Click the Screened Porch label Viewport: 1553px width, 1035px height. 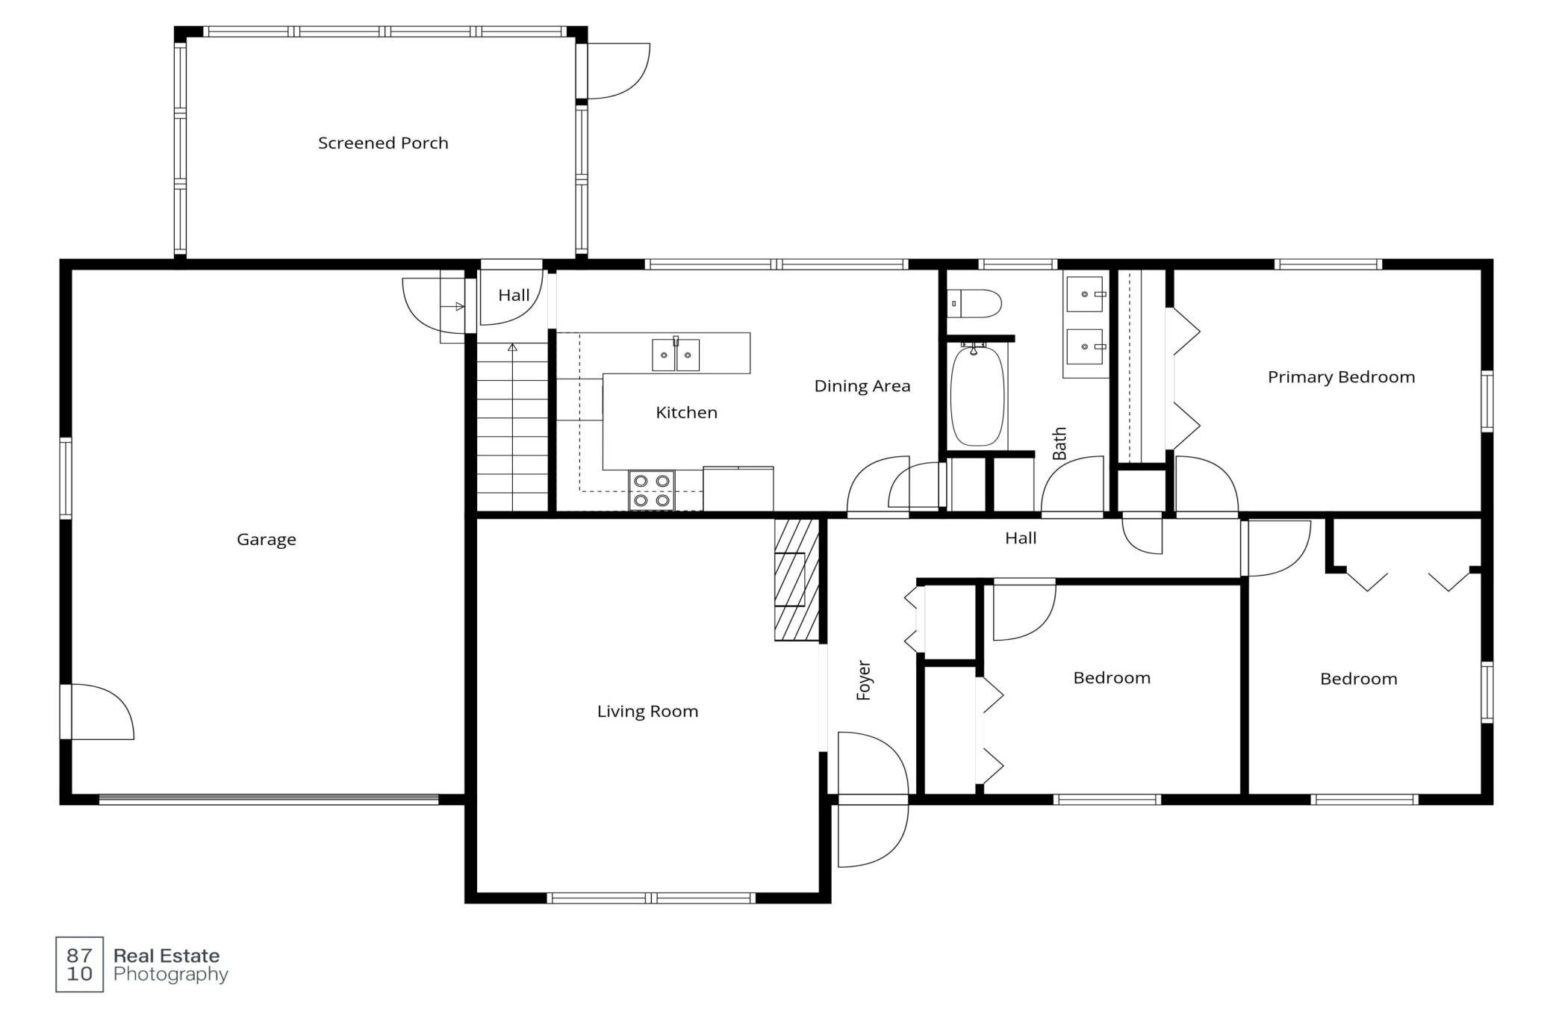click(x=383, y=143)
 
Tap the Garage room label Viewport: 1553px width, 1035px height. click(x=267, y=539)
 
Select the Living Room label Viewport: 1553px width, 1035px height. click(x=647, y=711)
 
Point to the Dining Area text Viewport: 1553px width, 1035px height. click(x=862, y=386)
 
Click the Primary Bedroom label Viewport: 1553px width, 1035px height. click(x=1341, y=377)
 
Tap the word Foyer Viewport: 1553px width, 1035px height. click(x=864, y=680)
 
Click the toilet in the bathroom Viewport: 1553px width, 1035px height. click(x=974, y=304)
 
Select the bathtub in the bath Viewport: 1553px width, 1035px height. click(x=977, y=395)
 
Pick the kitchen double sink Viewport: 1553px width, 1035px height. click(x=676, y=355)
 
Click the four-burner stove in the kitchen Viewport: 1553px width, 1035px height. click(x=652, y=491)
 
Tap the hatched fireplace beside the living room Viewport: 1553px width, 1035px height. click(x=797, y=580)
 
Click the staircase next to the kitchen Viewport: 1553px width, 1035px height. click(x=512, y=427)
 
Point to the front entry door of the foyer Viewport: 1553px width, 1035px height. click(x=872, y=799)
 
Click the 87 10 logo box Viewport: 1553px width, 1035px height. click(x=80, y=964)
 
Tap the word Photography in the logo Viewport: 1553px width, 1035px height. click(x=171, y=975)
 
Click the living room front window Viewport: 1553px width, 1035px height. click(x=651, y=898)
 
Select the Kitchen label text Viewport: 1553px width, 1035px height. click(x=686, y=412)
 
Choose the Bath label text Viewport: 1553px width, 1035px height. click(x=1059, y=444)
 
